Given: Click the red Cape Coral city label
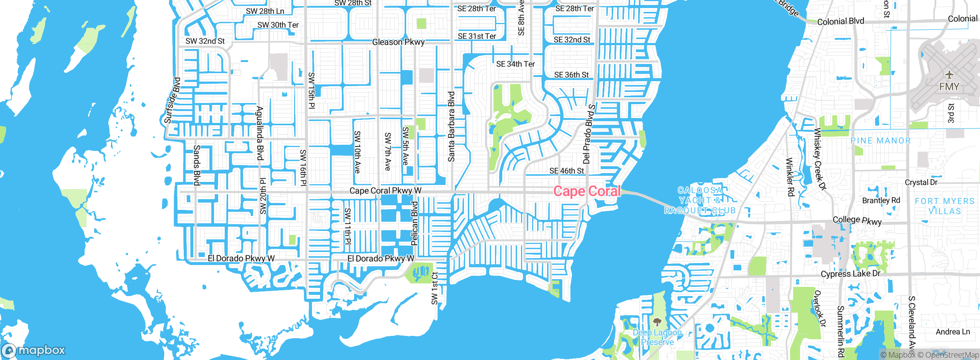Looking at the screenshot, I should (586, 191).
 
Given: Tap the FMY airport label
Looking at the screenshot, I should (949, 87).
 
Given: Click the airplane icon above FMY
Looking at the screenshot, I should (949, 74).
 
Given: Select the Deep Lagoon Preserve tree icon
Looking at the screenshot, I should (657, 322).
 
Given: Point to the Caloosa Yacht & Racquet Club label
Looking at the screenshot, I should (699, 200).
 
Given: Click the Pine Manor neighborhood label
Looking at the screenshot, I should (880, 141).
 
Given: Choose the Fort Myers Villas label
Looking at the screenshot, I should (944, 206).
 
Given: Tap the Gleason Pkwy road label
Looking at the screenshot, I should (398, 42).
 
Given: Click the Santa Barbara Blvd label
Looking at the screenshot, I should (451, 126).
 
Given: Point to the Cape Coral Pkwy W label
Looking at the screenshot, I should (385, 190).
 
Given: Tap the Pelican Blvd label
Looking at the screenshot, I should (414, 223).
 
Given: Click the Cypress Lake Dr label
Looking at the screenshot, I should (850, 274).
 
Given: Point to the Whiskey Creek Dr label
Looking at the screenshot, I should (820, 159).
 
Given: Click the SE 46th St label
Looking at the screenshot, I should (567, 171).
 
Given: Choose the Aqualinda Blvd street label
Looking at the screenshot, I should (260, 133).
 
